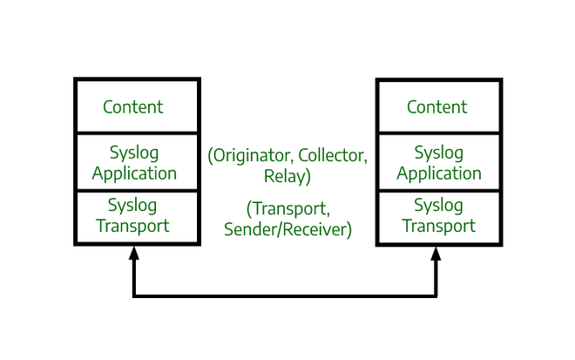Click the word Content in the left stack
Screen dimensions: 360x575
132,107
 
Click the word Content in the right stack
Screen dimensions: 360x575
437,107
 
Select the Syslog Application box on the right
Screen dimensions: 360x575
438,162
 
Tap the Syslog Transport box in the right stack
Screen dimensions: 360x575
438,216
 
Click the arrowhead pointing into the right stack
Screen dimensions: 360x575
436,254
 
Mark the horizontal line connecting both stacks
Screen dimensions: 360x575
285,296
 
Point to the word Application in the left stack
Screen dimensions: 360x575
134,173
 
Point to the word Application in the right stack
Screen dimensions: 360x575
439,173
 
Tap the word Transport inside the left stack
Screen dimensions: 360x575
134,226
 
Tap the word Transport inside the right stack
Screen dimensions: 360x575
439,226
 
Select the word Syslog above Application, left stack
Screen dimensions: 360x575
134,152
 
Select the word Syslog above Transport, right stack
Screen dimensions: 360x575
439,206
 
